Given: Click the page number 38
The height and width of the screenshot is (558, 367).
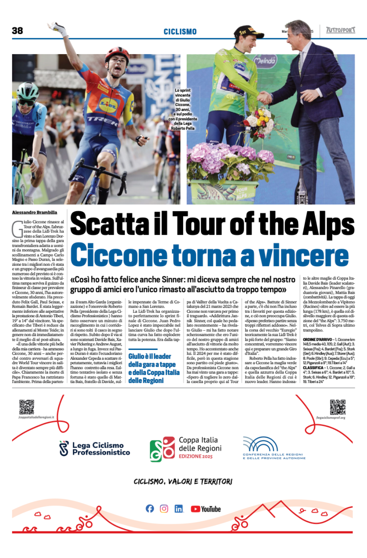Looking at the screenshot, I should click(x=18, y=31).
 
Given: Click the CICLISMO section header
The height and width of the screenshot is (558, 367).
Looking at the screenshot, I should click(x=180, y=31).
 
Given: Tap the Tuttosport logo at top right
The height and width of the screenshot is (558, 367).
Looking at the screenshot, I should click(x=340, y=30).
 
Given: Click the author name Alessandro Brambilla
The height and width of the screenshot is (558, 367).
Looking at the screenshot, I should click(x=35, y=212).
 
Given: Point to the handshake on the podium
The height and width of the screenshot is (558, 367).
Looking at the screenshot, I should click(x=264, y=97).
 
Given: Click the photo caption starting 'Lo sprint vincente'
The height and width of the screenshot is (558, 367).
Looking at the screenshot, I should click(x=183, y=109).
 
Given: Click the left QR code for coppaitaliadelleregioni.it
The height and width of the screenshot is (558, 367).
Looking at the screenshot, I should click(x=27, y=407).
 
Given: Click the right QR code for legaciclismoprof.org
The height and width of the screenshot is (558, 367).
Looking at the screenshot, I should click(x=337, y=407).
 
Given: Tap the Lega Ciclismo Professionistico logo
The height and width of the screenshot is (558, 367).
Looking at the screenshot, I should click(x=95, y=448).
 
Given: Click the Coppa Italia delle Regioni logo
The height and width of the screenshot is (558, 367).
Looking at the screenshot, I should click(x=186, y=448).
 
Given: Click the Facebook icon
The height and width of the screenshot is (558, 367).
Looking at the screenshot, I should click(x=150, y=509).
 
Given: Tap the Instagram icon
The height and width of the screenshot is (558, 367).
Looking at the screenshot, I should click(x=164, y=509).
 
